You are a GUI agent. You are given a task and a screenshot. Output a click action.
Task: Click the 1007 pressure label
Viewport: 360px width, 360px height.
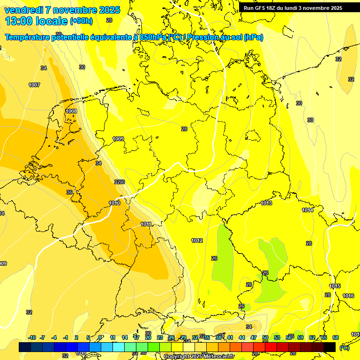click(x=34, y=85)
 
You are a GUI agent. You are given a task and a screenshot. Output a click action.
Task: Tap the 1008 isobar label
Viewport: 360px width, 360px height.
click(x=71, y=111)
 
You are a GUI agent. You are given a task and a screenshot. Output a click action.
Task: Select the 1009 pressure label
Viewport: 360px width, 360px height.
click(x=118, y=139)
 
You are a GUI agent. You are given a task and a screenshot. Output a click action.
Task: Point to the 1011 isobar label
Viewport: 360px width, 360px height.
click(x=146, y=224)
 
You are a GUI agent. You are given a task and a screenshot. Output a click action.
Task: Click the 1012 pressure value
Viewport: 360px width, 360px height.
click(x=197, y=240)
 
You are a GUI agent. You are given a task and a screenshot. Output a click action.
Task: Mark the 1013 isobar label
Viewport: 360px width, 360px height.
click(x=266, y=203)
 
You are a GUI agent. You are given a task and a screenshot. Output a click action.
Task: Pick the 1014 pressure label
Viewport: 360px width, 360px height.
click(x=307, y=210)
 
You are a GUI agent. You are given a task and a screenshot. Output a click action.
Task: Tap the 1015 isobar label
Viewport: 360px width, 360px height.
click(x=335, y=286)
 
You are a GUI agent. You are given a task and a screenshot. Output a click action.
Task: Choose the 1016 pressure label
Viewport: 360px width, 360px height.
click(x=348, y=296)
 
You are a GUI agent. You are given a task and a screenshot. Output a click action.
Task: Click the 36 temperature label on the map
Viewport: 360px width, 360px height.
click(x=69, y=192)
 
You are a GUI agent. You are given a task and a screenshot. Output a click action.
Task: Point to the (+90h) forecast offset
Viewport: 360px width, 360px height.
click(x=81, y=21)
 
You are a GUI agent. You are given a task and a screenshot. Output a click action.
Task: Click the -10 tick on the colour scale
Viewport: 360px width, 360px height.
click(x=32, y=337)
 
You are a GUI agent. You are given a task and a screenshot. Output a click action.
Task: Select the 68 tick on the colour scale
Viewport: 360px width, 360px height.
click(x=335, y=337)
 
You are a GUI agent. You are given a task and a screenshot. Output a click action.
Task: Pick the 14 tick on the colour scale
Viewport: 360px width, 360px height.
click(x=125, y=337)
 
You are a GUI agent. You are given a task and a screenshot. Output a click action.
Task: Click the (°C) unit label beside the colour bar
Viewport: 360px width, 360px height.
click(x=344, y=348)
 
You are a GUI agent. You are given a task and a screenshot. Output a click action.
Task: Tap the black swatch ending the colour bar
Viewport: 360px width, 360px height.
click(x=330, y=347)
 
